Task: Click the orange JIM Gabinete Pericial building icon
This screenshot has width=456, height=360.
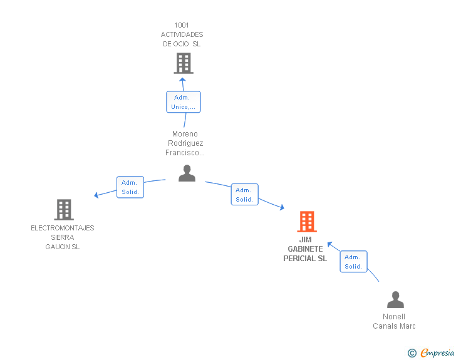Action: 307,221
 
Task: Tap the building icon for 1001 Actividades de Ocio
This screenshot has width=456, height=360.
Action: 184,63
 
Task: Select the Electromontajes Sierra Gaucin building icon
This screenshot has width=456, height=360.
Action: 64,209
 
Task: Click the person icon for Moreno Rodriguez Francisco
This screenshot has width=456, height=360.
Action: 187,173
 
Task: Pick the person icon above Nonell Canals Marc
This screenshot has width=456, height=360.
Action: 395,299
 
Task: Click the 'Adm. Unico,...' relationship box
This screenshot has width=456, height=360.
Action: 184,102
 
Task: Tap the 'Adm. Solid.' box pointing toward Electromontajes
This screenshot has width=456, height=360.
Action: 130,187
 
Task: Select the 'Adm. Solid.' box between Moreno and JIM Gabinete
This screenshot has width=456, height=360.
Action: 244,195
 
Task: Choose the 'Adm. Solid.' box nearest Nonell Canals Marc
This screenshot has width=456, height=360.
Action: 354,262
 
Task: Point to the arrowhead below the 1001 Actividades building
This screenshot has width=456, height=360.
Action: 182,80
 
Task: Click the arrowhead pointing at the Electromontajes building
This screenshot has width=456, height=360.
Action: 96,195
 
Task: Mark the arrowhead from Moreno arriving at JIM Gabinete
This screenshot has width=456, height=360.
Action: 282,207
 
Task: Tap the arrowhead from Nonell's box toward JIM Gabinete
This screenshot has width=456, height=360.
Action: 329,244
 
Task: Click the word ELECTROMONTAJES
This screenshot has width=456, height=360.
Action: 63,228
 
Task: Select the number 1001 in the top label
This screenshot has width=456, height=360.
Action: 182,25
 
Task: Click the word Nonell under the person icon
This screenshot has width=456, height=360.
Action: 394,317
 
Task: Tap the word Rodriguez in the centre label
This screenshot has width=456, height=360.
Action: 185,143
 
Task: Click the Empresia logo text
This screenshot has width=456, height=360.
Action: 437,352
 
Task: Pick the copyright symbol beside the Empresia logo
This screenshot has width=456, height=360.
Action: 412,353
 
